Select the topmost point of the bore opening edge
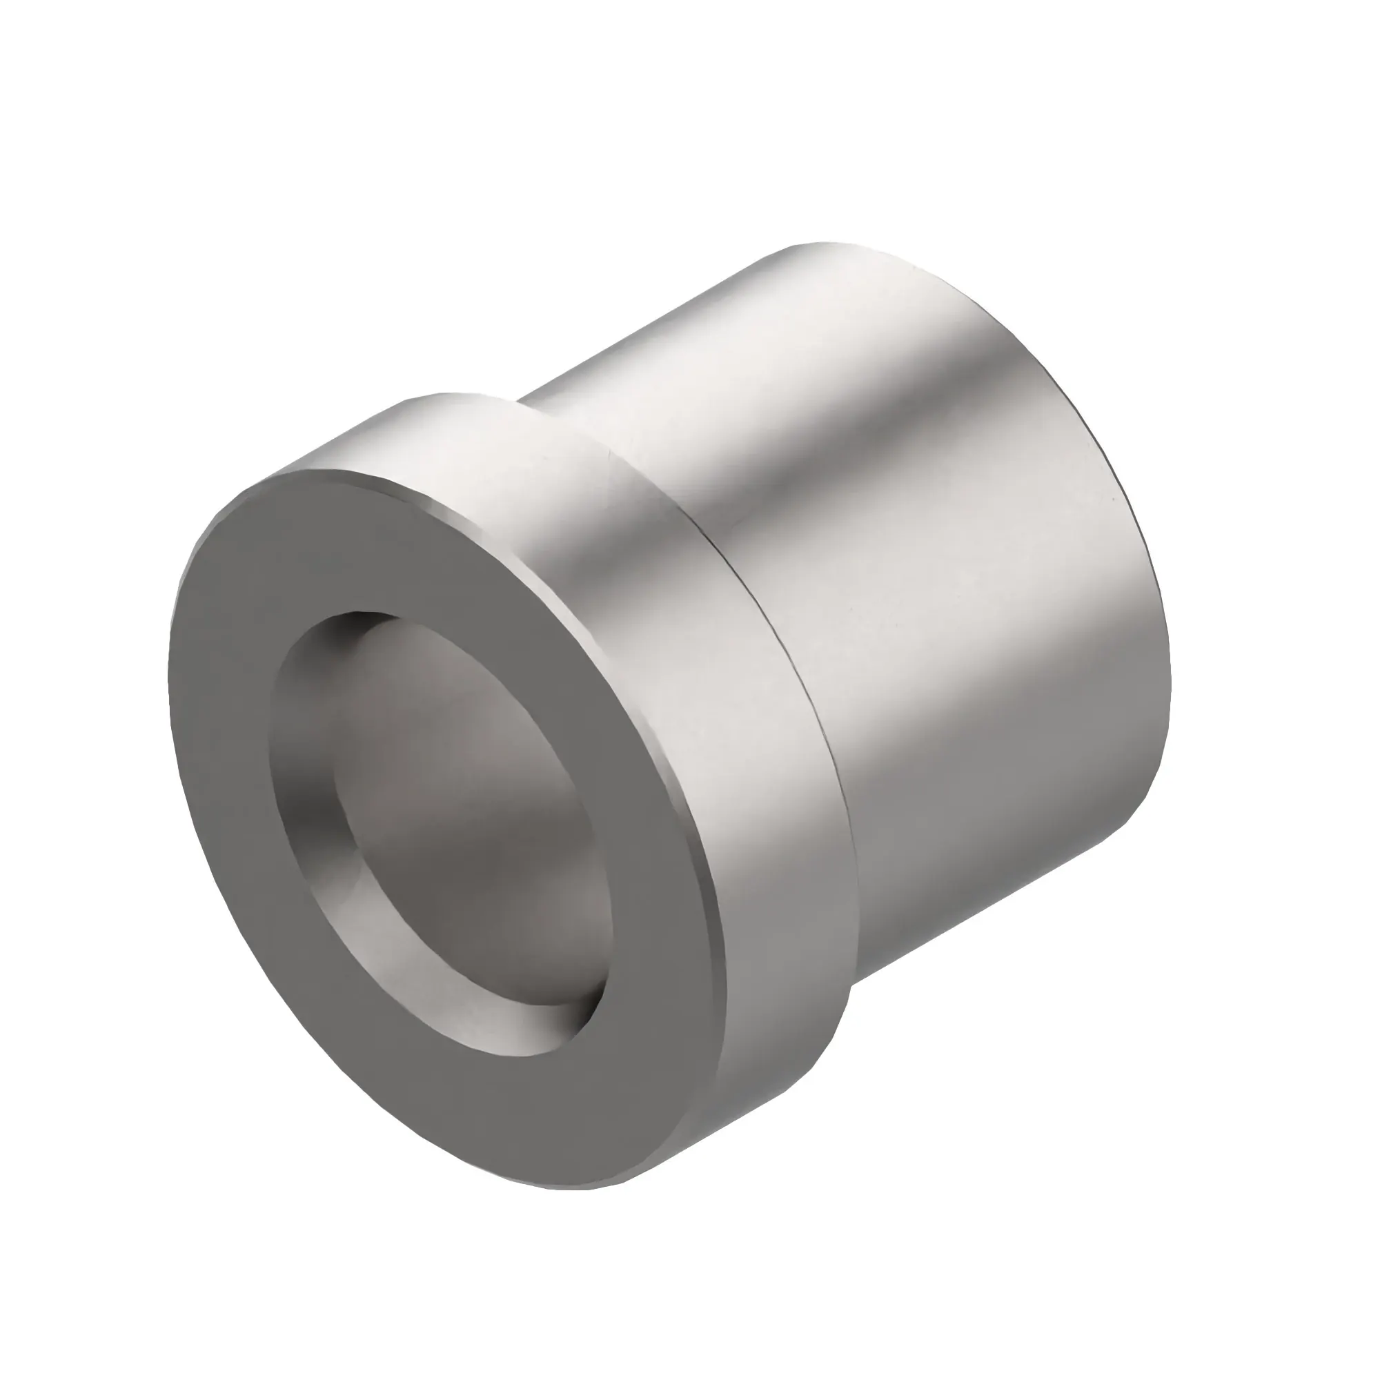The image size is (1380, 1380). point(357,612)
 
